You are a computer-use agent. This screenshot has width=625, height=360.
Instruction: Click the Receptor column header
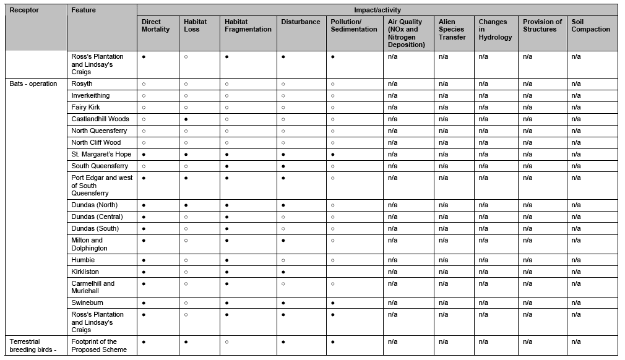pyautogui.click(x=24, y=10)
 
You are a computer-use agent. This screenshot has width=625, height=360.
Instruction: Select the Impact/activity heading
pyautogui.click(x=377, y=10)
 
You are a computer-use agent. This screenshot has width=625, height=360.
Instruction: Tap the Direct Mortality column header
pyautogui.click(x=155, y=25)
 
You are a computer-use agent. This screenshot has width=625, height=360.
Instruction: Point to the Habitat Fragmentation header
pyautogui.click(x=248, y=25)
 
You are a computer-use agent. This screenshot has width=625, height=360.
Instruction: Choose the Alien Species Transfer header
pyautogui.click(x=452, y=29)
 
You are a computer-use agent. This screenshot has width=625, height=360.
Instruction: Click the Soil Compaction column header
pyautogui.click(x=590, y=25)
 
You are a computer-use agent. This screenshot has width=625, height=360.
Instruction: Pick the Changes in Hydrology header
pyautogui.click(x=495, y=29)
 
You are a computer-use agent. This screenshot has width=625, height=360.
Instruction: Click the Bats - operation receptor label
pyautogui.click(x=33, y=84)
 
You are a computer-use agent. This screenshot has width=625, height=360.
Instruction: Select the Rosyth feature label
pyautogui.click(x=82, y=84)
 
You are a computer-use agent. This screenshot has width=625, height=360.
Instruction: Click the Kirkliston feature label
pyautogui.click(x=85, y=272)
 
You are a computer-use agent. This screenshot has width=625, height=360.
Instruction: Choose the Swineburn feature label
pyautogui.click(x=87, y=302)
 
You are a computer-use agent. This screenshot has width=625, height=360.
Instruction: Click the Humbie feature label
pyautogui.click(x=83, y=260)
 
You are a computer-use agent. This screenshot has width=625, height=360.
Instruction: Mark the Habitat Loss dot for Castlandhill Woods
pyautogui.click(x=186, y=119)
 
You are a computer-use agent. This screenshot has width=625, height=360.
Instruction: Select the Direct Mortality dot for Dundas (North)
pyautogui.click(x=144, y=205)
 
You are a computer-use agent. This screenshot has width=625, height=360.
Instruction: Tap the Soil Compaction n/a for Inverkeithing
pyautogui.click(x=575, y=95)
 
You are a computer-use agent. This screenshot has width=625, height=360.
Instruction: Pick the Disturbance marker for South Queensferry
pyautogui.click(x=283, y=166)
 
